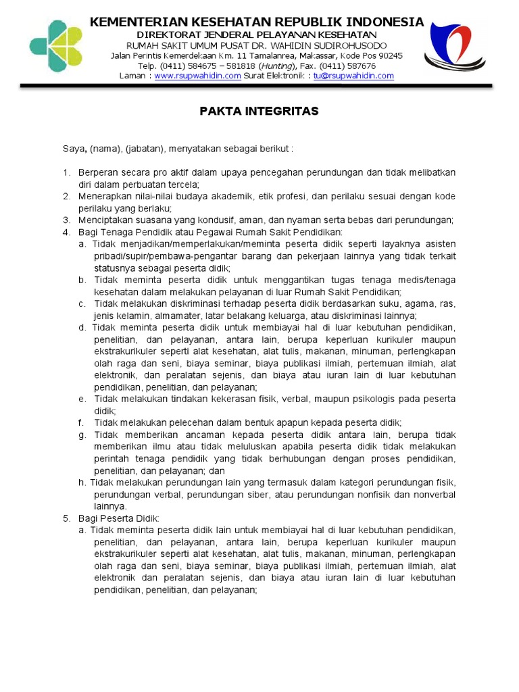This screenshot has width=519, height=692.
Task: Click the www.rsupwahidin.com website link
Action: click(x=197, y=76)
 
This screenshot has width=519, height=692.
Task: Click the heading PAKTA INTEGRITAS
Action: click(x=259, y=111)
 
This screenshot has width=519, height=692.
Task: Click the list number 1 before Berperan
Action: click(x=66, y=172)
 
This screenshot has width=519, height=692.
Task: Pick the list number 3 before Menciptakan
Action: click(x=66, y=220)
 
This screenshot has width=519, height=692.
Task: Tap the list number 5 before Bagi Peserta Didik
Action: click(x=66, y=518)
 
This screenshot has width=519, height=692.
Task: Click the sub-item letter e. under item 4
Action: click(x=82, y=399)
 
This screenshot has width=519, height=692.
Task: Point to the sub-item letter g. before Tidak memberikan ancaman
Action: click(x=82, y=435)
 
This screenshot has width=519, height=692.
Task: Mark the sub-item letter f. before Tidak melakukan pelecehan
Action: click(x=82, y=423)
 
